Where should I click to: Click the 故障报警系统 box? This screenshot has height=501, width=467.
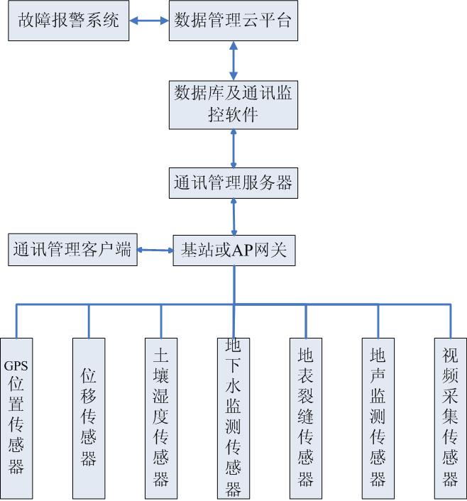tap(68, 21)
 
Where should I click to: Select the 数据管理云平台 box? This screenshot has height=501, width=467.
tap(233, 21)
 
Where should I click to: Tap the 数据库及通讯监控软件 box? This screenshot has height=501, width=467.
tap(233, 105)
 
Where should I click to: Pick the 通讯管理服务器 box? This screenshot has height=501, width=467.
tap(233, 183)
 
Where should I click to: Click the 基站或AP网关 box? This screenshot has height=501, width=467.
tap(234, 250)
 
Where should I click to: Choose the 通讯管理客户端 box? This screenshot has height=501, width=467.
tap(72, 250)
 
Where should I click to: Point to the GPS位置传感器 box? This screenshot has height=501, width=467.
tap(16, 419)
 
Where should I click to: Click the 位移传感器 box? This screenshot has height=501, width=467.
tap(89, 419)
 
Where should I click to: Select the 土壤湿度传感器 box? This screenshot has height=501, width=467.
tap(161, 419)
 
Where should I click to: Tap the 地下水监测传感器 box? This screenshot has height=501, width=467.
tap(233, 419)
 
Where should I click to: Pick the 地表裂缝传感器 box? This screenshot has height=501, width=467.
tap(306, 419)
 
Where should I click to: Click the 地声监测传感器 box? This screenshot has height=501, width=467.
tap(378, 419)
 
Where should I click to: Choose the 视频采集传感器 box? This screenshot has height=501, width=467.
tap(450, 419)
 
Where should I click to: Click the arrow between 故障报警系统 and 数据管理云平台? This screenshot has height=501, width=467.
tap(149, 21)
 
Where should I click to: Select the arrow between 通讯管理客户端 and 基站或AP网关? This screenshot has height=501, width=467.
tap(155, 250)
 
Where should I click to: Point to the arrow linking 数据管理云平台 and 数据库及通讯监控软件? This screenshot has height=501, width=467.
tap(233, 61)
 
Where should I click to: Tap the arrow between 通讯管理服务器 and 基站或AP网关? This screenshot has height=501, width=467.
tap(233, 217)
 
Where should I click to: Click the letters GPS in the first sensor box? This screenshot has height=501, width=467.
tap(16, 366)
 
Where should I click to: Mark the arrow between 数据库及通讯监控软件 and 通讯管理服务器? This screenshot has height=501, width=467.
tap(233, 148)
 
